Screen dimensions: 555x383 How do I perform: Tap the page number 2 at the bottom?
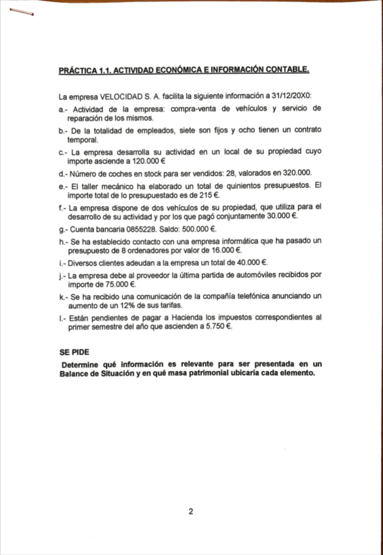pyautogui.click(x=191, y=512)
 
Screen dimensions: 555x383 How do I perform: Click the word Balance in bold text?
pyautogui.click(x=75, y=374)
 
